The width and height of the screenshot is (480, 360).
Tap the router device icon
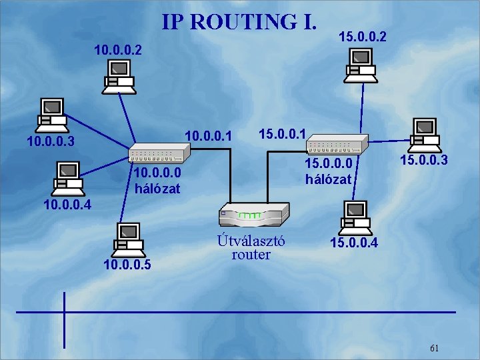pyautogui.click(x=253, y=213)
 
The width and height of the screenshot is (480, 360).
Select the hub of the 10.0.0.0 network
pyautogui.click(x=159, y=153)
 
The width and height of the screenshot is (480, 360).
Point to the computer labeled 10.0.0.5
pyautogui.click(x=127, y=239)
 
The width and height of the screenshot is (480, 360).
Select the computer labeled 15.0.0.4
pyautogui.click(x=354, y=217)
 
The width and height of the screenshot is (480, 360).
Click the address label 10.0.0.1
pyautogui.click(x=208, y=137)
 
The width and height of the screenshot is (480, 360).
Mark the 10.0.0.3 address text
pyautogui.click(x=51, y=141)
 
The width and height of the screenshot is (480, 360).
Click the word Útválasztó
pyautogui.click(x=251, y=241)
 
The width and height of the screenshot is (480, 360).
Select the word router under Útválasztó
pyautogui.click(x=251, y=254)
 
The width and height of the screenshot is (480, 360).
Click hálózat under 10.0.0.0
pyautogui.click(x=157, y=188)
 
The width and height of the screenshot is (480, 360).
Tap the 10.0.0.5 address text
pyautogui.click(x=127, y=265)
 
